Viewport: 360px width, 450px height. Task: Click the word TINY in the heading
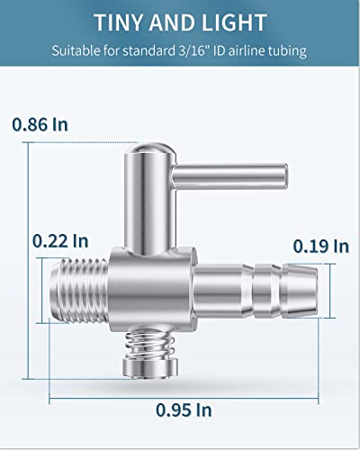119,22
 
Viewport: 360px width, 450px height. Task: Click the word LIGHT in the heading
234,22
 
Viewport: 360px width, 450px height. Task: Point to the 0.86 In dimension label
40,124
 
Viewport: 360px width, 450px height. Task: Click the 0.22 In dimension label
60,241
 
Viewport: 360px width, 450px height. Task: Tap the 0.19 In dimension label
321,247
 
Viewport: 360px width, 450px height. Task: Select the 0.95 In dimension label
184,409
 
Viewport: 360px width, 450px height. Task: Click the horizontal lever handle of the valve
230,177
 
